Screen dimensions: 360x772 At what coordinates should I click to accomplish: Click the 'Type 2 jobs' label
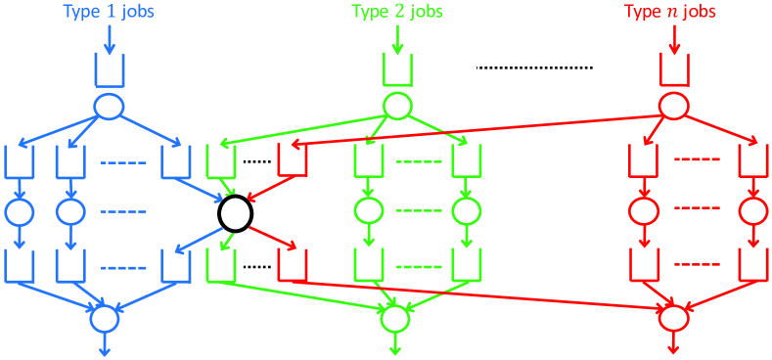tap(397, 13)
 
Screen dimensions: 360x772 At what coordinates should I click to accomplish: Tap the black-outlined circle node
tap(235, 211)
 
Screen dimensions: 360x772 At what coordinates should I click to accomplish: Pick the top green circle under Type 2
tap(397, 105)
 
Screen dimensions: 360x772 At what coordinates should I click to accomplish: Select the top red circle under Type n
tap(674, 105)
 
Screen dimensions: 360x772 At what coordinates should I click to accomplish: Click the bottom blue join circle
tap(104, 317)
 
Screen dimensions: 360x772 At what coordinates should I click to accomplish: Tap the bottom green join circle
tap(394, 317)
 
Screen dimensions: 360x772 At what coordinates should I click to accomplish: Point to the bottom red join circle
tap(672, 317)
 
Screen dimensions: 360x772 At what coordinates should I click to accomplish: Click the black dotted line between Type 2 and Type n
tap(534, 67)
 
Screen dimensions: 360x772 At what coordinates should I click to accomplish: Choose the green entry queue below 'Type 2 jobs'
tap(397, 69)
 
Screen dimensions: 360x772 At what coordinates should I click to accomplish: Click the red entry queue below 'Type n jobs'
tap(675, 69)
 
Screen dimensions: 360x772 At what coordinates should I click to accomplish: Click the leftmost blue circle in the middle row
tap(19, 210)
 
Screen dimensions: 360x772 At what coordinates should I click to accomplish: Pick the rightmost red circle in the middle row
tap(751, 210)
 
